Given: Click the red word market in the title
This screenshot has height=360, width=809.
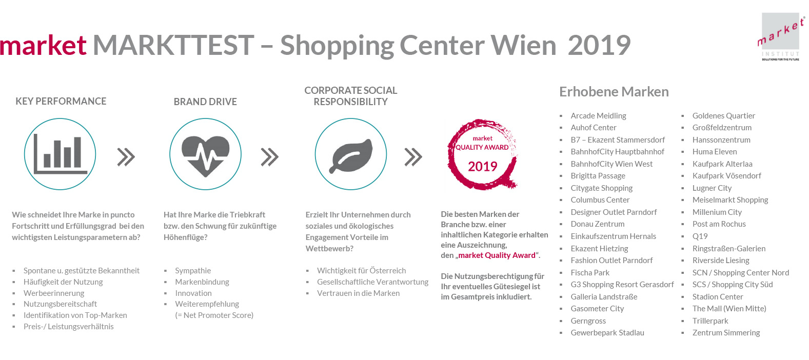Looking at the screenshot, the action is [43, 46].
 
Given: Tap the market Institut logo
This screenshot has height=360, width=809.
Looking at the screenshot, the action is [781, 36].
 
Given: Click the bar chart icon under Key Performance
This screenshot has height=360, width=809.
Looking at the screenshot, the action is [60, 154].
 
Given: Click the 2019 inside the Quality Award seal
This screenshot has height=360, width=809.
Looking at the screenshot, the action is [483, 167].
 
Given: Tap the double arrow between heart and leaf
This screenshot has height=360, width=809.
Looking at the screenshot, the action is [270, 157].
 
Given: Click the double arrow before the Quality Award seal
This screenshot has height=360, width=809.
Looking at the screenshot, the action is [413, 157].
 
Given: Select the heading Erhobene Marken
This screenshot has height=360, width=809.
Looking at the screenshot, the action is [614, 92].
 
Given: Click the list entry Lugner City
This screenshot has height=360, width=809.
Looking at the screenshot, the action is [712, 188].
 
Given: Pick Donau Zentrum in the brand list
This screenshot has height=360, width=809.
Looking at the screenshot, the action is [597, 224].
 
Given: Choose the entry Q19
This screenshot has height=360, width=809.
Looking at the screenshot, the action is [700, 236].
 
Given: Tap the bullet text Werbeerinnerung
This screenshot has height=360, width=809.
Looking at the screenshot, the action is [54, 293].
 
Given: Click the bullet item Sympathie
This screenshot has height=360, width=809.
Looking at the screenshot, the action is [193, 271].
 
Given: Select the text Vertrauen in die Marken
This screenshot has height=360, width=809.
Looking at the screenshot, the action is [358, 293].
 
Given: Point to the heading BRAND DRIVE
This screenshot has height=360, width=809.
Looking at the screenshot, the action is [205, 102].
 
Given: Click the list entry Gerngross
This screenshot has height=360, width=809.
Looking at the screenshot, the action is [588, 321].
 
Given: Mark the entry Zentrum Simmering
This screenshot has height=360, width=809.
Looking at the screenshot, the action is [726, 332].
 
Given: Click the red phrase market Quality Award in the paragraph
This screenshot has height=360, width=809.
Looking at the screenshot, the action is [497, 255].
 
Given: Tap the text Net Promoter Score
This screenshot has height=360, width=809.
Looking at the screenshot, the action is [216, 315].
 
